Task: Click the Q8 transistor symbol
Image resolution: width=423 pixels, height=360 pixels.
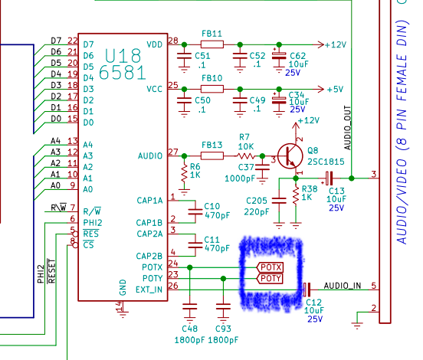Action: [x=290, y=156]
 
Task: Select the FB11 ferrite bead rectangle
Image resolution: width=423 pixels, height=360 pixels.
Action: [x=212, y=44]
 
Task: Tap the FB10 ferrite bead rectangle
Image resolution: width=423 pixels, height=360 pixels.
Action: [x=212, y=89]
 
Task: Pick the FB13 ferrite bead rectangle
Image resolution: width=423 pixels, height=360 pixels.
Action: [x=212, y=155]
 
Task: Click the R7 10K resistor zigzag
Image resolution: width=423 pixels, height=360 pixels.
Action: [x=245, y=155]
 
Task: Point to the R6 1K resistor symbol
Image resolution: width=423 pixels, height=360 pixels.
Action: [x=184, y=174]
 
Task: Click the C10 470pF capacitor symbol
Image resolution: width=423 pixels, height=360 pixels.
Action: [x=195, y=211]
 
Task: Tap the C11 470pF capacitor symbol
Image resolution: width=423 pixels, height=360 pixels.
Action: [x=195, y=245]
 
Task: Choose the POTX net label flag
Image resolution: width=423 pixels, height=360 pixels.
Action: [x=270, y=267]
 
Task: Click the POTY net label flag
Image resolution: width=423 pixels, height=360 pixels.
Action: [x=270, y=278]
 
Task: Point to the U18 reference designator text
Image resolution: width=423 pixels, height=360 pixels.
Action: [x=123, y=56]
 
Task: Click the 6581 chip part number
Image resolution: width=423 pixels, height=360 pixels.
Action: [x=123, y=73]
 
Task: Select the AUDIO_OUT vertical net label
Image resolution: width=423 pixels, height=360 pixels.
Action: [x=347, y=128]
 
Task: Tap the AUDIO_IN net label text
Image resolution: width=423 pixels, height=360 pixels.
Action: [x=343, y=286]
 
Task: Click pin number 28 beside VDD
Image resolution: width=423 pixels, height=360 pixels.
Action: [x=173, y=41]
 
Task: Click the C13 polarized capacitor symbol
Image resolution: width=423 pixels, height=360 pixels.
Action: [x=329, y=178]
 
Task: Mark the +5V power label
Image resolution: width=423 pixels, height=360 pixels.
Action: [x=335, y=89]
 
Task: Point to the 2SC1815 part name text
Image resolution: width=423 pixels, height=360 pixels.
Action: [x=326, y=162]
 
